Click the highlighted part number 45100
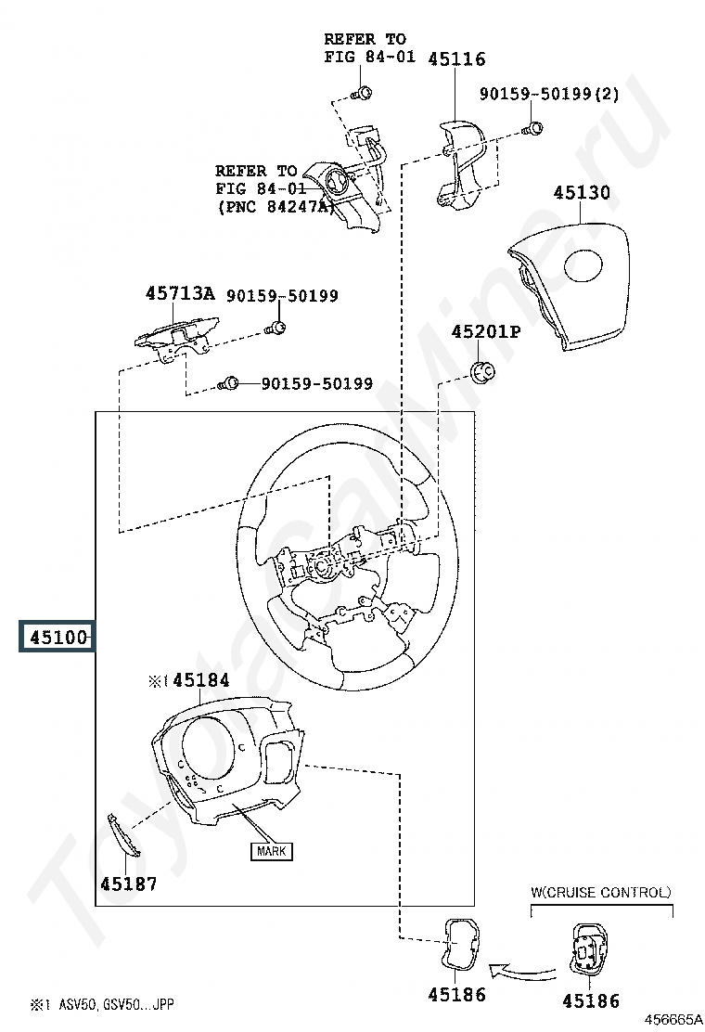click(x=58, y=637)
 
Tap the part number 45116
click(x=456, y=59)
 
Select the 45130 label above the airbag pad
click(x=582, y=192)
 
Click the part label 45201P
click(x=485, y=331)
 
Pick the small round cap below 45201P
click(x=484, y=372)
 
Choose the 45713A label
click(x=180, y=293)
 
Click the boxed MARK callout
click(x=271, y=851)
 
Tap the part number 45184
click(x=201, y=680)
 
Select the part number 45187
click(x=128, y=884)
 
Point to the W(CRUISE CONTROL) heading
click(x=600, y=893)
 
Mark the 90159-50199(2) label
click(x=549, y=94)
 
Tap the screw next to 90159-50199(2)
click(x=533, y=128)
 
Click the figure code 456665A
click(x=673, y=1020)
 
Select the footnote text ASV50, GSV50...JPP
click(x=116, y=1004)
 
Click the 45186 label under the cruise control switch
click(x=591, y=1001)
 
